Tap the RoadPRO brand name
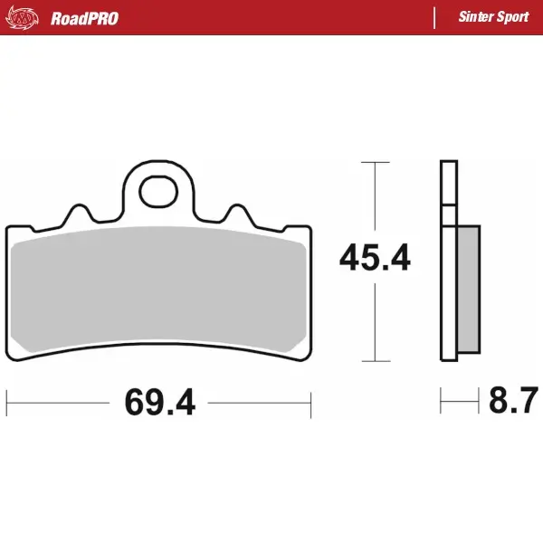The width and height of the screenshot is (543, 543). pyautogui.click(x=84, y=17)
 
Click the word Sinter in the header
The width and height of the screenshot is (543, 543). pyautogui.click(x=476, y=17)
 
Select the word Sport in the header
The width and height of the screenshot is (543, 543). pyautogui.click(x=515, y=17)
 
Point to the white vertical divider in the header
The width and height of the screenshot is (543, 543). pyautogui.click(x=435, y=17)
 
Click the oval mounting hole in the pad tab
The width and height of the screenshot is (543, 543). pyautogui.click(x=158, y=190)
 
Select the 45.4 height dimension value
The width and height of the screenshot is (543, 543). pyautogui.click(x=375, y=259)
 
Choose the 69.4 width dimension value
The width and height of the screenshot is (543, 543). pyautogui.click(x=160, y=402)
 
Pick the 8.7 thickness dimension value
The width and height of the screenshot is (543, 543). pyautogui.click(x=513, y=399)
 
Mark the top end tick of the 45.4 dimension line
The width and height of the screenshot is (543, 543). pyautogui.click(x=375, y=163)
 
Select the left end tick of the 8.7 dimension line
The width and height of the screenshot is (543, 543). pyautogui.click(x=441, y=399)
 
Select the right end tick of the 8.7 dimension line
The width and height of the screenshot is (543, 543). pyautogui.click(x=478, y=399)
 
